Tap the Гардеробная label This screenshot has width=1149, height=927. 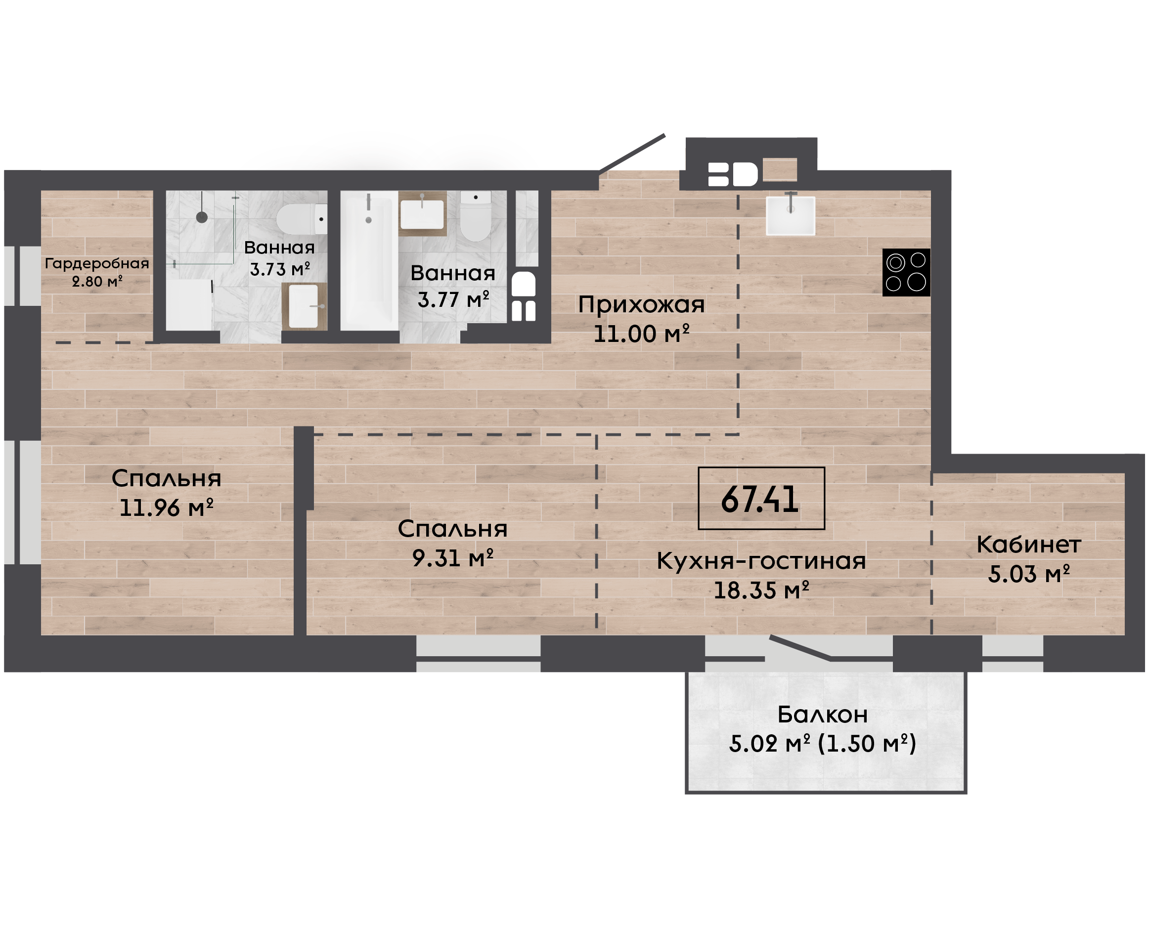(x=97, y=263)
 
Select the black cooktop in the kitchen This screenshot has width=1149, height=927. (x=906, y=272)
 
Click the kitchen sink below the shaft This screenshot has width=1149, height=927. (x=790, y=216)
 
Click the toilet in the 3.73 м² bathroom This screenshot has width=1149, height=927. (x=302, y=219)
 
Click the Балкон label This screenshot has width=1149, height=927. (x=823, y=715)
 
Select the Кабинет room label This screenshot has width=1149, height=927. (x=1029, y=545)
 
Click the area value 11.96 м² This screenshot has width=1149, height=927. (x=166, y=508)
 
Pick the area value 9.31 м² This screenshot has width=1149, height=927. (x=452, y=558)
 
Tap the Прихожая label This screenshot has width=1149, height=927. (x=642, y=305)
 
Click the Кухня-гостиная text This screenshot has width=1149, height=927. (x=761, y=561)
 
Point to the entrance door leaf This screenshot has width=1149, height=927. (x=632, y=154)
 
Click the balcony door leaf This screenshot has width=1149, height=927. (x=799, y=648)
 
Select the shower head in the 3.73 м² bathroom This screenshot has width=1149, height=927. (x=201, y=217)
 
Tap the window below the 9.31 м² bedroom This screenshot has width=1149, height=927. (x=478, y=654)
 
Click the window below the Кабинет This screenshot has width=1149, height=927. (x=1012, y=654)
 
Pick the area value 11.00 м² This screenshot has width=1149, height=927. (x=642, y=334)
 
